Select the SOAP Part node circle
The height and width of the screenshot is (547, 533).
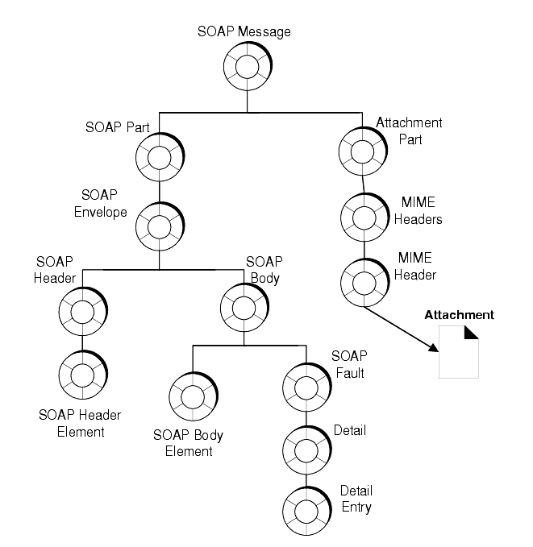point(159,156)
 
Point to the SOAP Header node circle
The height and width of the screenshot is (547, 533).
point(81,309)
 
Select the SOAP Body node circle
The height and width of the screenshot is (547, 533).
point(244,307)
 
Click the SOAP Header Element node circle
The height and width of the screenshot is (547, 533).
point(81,375)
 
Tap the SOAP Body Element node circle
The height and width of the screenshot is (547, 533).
point(192,396)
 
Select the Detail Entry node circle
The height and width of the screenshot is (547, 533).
point(306,508)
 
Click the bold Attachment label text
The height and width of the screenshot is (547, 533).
point(459,315)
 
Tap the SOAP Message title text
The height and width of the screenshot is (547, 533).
point(244,32)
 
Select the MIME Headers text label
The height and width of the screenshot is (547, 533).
point(421,212)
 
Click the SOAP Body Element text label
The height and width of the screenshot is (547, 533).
point(188,443)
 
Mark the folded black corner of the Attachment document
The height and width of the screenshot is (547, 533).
point(471,333)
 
